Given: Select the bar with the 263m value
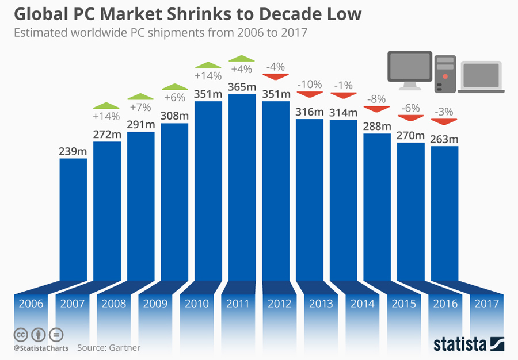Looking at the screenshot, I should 444,213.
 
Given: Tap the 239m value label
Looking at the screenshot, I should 73,151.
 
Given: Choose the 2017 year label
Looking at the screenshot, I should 487,304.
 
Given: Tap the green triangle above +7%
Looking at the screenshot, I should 140,97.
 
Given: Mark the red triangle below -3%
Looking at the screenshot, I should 444,121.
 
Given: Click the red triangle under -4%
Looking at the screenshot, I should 276,75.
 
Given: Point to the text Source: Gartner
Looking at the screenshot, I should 109,347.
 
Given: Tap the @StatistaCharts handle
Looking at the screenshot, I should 41,348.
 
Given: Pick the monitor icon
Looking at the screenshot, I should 410,70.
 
